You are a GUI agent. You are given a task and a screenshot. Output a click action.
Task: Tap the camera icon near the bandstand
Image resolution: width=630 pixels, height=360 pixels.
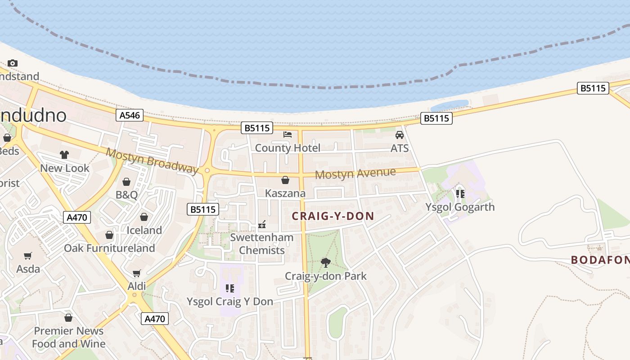(x=13, y=63)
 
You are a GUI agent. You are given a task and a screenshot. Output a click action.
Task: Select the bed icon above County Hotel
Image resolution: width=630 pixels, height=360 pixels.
(x=288, y=135)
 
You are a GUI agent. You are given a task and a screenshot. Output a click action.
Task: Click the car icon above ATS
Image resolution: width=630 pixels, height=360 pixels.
(x=399, y=135)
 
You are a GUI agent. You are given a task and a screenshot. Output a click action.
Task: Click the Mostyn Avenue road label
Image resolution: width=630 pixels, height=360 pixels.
(x=355, y=173)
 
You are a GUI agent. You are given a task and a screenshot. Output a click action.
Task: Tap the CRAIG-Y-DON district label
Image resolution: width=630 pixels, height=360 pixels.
(x=333, y=216)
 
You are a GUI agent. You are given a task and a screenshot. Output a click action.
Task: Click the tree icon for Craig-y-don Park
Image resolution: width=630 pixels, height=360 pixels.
(x=326, y=262)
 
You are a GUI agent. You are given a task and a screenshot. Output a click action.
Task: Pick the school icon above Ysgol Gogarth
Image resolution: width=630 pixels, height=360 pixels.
(x=460, y=194)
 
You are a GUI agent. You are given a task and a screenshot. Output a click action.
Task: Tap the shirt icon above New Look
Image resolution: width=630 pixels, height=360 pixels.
(x=64, y=155)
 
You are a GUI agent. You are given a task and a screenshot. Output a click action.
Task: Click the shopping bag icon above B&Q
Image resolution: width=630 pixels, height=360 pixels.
(x=126, y=182)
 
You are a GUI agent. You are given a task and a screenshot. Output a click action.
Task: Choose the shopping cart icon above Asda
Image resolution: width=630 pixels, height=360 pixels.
(x=28, y=256)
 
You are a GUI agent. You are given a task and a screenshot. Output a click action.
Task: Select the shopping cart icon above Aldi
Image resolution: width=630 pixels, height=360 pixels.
(x=137, y=273)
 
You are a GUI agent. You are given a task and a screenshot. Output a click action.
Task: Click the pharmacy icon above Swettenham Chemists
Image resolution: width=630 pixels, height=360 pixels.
(x=261, y=224)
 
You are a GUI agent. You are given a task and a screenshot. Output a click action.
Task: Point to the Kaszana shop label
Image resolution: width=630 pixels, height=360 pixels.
(x=285, y=193)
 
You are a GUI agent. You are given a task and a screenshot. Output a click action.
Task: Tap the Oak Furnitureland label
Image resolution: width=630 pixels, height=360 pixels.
(x=109, y=248)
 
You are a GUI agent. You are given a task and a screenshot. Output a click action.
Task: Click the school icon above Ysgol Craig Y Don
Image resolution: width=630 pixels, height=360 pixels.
(x=230, y=288)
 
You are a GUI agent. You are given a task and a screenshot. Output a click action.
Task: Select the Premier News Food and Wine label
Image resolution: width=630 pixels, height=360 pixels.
(x=69, y=337)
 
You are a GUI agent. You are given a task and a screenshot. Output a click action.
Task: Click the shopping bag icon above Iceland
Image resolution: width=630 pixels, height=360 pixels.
(x=144, y=217)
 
